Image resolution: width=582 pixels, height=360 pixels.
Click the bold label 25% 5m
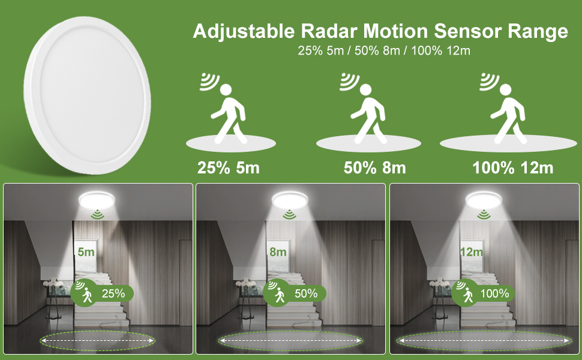229,167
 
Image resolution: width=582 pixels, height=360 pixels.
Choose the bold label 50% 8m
375,167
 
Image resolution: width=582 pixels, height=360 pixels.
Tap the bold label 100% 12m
513,167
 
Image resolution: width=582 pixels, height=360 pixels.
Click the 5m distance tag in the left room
86,252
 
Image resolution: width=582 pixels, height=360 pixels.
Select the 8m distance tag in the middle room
278,252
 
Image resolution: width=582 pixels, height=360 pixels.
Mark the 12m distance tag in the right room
471,252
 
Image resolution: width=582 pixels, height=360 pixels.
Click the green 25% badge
102,293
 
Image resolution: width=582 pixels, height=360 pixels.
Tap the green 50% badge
295,293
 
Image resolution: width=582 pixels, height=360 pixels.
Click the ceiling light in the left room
97,200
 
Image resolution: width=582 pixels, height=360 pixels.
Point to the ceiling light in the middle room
290,200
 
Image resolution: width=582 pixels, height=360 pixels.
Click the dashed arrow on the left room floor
97,340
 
